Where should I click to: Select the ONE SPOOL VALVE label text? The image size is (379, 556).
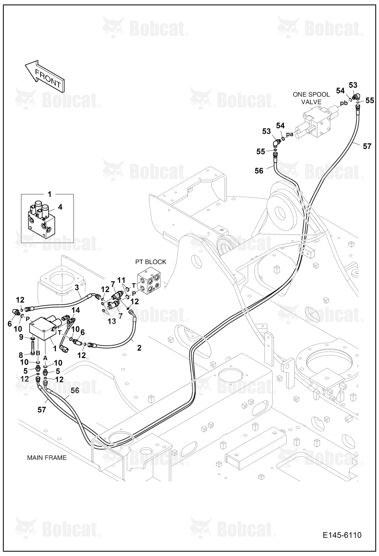click(311, 98)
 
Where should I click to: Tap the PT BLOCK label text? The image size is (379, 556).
click(151, 262)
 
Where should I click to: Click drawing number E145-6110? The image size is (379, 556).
click(342, 535)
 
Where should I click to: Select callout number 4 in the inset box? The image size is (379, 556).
click(60, 207)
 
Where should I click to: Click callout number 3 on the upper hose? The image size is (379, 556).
click(77, 288)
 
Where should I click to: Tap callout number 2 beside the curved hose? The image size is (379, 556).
click(139, 348)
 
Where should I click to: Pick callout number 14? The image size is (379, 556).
click(76, 310)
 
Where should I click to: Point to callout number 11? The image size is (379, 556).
click(121, 280)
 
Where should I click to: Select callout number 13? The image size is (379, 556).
click(112, 321)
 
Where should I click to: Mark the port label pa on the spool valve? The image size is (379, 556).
click(290, 134)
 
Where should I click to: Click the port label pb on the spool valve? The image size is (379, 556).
click(344, 103)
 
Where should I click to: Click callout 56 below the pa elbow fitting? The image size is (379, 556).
click(259, 171)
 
